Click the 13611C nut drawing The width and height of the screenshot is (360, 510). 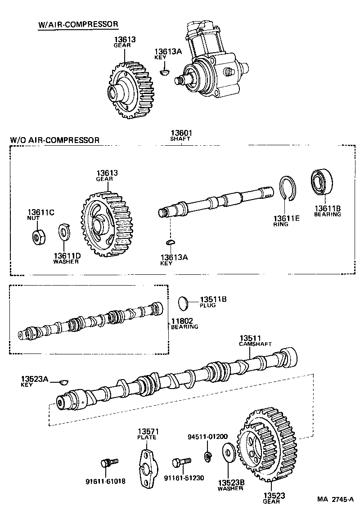[38, 236]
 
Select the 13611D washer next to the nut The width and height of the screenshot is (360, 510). [63, 233]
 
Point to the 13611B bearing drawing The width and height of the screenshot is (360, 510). [322, 184]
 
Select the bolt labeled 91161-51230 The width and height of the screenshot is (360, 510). [181, 462]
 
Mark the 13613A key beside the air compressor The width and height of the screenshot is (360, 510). [165, 71]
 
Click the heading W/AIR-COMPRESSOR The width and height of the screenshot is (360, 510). [78, 24]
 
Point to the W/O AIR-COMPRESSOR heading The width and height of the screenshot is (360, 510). [54, 140]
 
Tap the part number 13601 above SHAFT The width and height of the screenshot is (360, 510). [180, 133]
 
